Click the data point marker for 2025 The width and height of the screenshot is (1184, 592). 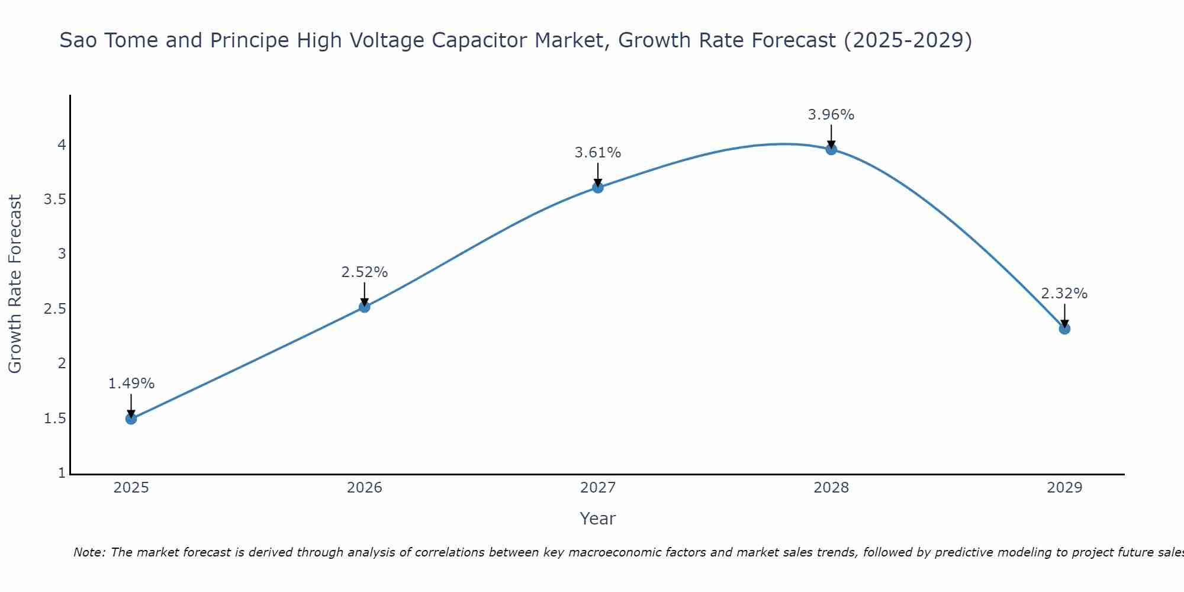coord(131,419)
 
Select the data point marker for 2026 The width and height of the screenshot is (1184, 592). coord(365,307)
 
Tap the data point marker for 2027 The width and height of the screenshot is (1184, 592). coord(598,188)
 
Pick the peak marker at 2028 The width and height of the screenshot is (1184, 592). coord(831,149)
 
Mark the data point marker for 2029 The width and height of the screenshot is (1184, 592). coord(1064,329)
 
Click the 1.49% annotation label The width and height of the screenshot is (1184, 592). coord(131,384)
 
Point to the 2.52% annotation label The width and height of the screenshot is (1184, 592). coord(365,272)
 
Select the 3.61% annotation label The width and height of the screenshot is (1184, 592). coord(598,153)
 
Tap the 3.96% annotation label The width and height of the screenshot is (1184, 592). coord(831,115)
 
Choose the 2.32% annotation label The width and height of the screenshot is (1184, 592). coord(1064,294)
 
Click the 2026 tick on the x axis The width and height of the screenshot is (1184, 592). coord(365,488)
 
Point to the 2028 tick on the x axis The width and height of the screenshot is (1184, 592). coord(831,488)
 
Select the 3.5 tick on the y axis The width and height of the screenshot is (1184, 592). coord(54,200)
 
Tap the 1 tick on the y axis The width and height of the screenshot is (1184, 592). coord(62,473)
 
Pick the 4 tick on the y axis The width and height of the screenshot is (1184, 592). coord(62,145)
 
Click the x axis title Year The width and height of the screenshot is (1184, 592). coord(598,519)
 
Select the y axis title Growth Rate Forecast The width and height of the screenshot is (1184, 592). coord(15,284)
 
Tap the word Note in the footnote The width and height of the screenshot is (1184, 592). coord(89,552)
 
